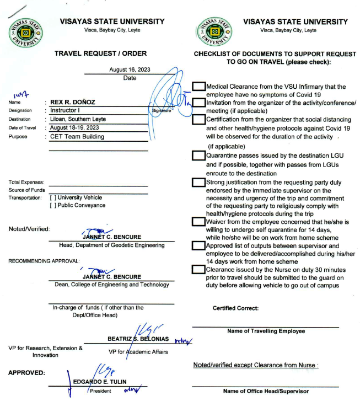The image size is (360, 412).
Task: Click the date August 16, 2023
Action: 130,69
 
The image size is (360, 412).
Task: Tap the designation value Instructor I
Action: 69,110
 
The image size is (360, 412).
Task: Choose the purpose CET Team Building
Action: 77,136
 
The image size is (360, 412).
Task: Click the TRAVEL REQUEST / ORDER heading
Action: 101,53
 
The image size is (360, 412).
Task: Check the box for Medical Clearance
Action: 198,86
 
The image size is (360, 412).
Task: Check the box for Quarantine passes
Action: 198,156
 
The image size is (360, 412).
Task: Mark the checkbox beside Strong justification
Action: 198,183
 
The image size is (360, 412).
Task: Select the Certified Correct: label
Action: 235,308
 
